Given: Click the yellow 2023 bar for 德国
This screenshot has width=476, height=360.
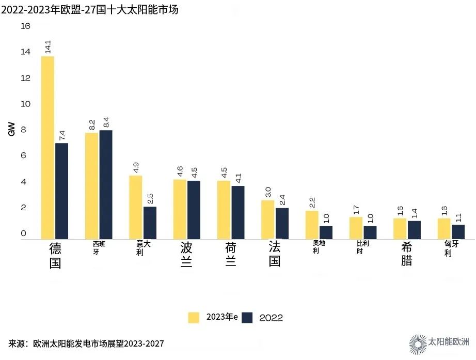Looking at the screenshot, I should coord(48,147).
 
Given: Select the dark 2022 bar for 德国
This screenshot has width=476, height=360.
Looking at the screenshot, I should coord(62,191).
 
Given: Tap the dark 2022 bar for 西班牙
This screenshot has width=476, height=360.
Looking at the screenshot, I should coord(106,184).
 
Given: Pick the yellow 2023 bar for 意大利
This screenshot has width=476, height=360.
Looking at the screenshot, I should coord(136,207).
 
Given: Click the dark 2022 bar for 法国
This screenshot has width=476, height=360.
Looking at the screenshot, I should coord(282,223).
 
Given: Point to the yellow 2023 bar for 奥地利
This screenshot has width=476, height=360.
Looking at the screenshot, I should coord(312,225).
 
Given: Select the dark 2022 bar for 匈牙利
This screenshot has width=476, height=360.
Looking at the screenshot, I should coord(458,231).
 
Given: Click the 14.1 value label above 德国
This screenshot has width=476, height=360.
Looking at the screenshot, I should coord(48,47).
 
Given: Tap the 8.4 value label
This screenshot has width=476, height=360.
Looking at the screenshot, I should coord(106,122).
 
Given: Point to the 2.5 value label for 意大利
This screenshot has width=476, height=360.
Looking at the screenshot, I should coord(150,199).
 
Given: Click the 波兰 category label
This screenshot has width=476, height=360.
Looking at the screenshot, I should coord(186,254).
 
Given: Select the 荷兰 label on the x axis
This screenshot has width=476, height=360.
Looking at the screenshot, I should coord(230,254).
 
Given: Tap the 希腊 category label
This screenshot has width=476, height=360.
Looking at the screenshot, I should coord(406,254).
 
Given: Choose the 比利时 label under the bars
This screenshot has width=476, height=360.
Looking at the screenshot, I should coord(363,247).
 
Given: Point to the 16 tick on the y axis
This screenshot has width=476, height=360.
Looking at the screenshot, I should coord(25,26).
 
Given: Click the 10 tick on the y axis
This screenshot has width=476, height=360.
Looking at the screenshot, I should coord(25,104).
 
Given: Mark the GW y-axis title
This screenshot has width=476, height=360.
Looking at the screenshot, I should coord(11,129).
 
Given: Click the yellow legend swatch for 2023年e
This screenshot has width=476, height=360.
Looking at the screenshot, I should coord(194,317).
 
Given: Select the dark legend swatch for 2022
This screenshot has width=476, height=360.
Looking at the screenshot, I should coord(247,317).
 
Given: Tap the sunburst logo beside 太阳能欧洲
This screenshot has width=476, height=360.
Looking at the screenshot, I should coord(418,343).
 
